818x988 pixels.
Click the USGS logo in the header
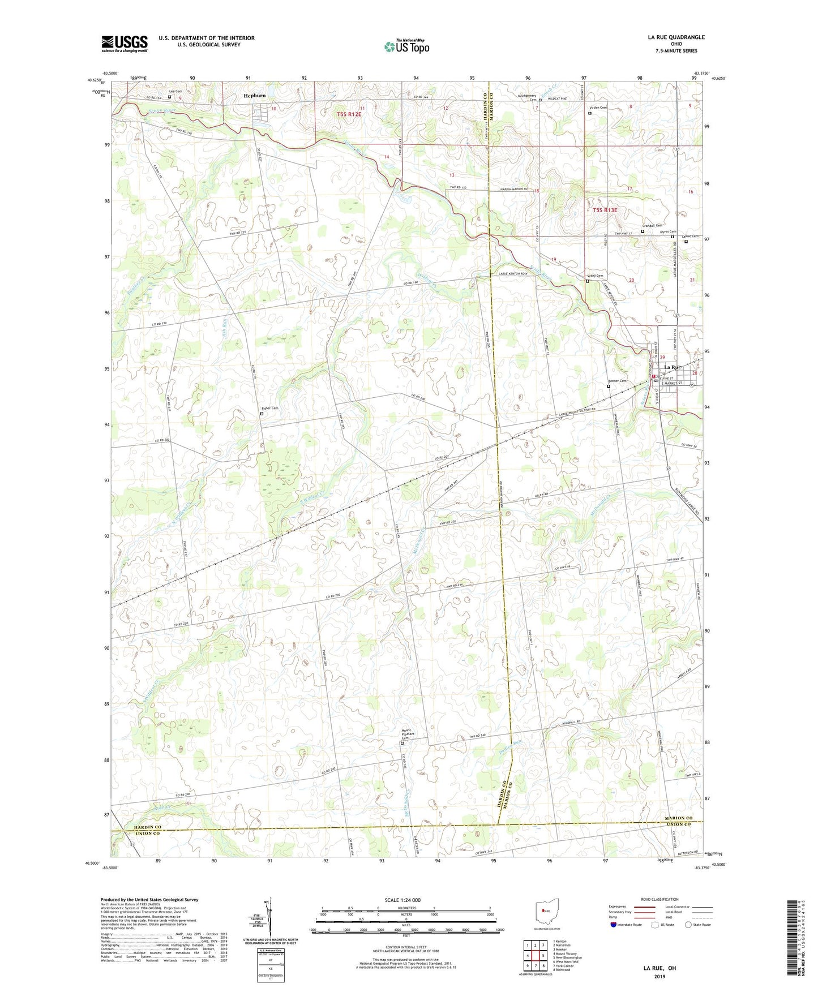tap(125, 44)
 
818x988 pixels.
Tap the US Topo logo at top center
tap(406, 46)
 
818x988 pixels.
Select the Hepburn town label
tap(254, 96)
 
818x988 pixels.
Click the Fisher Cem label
tap(269, 408)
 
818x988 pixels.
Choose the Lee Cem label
tap(175, 91)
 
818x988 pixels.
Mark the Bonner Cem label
tap(617, 381)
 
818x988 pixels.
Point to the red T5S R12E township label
tap(349, 114)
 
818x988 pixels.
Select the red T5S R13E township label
tap(605, 210)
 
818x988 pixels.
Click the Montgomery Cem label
tap(527, 97)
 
